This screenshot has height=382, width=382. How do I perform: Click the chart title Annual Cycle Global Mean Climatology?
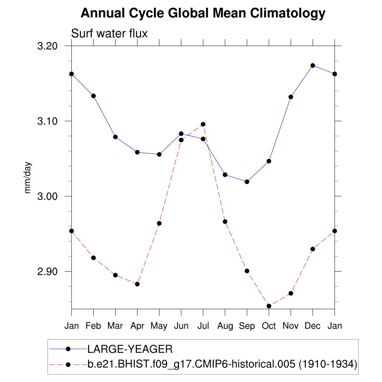point(203,13)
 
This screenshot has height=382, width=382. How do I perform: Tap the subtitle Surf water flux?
point(109,34)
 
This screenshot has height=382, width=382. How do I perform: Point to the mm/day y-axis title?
point(28,178)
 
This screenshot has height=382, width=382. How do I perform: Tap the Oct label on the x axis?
point(269,326)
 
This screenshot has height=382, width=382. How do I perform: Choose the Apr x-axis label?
point(137,326)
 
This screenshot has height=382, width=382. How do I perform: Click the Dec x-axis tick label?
point(313,326)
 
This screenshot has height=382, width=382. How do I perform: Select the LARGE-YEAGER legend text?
point(130,350)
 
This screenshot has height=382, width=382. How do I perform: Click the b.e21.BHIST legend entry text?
point(222,363)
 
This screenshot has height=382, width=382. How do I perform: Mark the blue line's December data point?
point(313,66)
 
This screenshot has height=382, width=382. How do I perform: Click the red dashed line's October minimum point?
point(269,306)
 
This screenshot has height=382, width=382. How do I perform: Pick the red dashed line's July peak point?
point(203,124)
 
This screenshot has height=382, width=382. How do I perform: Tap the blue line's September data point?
point(247,182)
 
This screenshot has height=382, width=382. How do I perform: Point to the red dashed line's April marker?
point(137,284)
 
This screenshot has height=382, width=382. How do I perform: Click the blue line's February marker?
point(93,96)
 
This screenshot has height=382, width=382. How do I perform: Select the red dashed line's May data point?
point(159,223)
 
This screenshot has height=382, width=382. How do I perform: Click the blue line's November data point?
point(291,97)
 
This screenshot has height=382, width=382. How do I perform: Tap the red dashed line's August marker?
point(225,222)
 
